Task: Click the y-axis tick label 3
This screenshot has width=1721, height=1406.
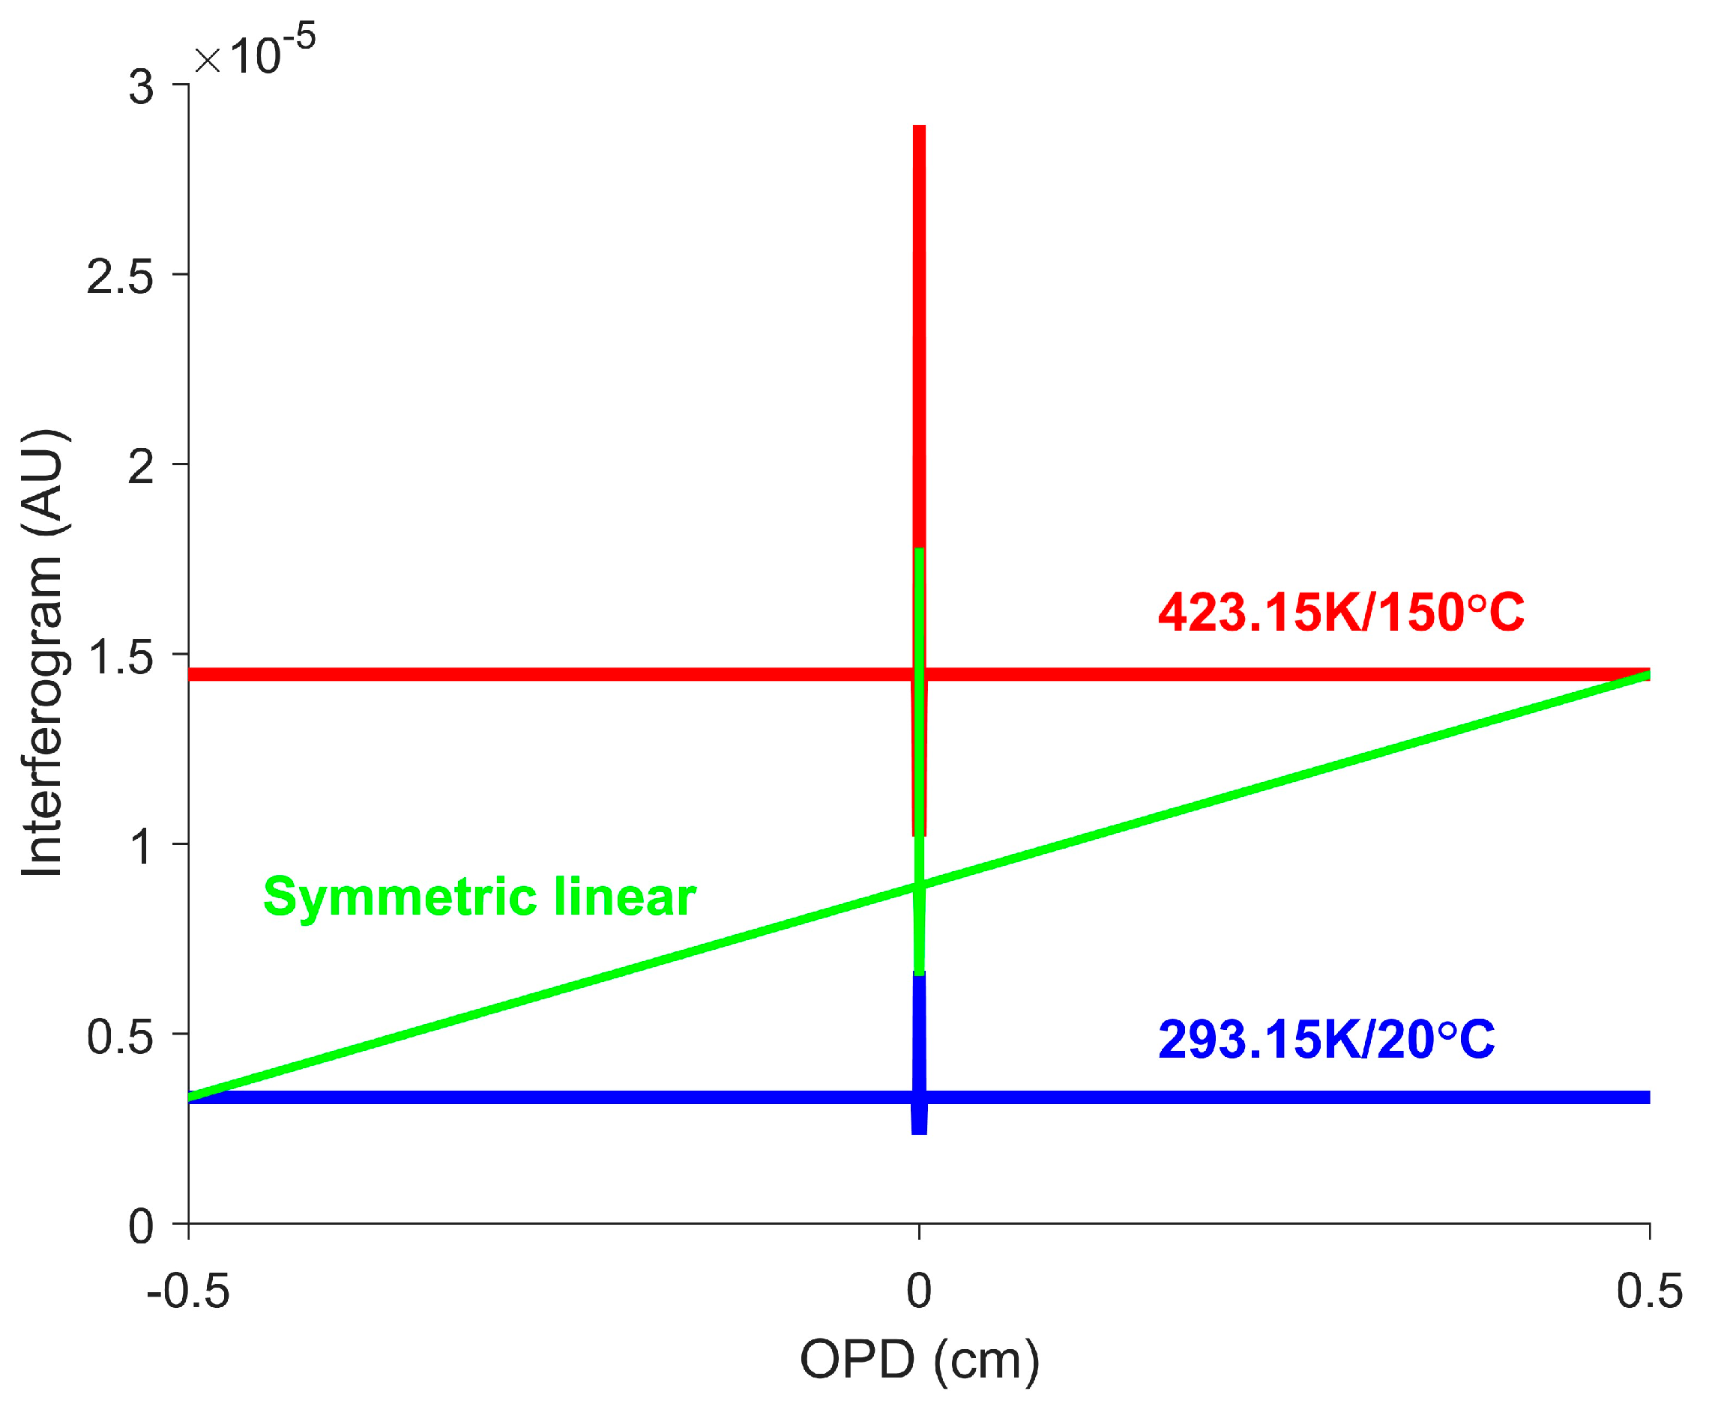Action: pos(141,88)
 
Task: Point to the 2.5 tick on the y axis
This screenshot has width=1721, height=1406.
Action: pos(120,277)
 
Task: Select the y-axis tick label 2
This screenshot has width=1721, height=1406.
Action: pos(141,467)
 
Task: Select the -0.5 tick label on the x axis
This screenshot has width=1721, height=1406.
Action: pos(188,1292)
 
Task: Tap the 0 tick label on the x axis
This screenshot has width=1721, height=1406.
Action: pos(919,1292)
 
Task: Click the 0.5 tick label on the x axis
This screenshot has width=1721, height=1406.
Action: pos(1650,1292)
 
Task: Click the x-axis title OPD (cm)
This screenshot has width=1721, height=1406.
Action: pos(919,1360)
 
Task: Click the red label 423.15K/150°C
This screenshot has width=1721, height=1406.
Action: pos(1341,613)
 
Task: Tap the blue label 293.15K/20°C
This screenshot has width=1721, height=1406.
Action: pos(1327,1040)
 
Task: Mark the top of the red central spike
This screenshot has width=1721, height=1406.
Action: pos(919,128)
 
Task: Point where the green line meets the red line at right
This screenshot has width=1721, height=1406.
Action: pos(1645,675)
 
